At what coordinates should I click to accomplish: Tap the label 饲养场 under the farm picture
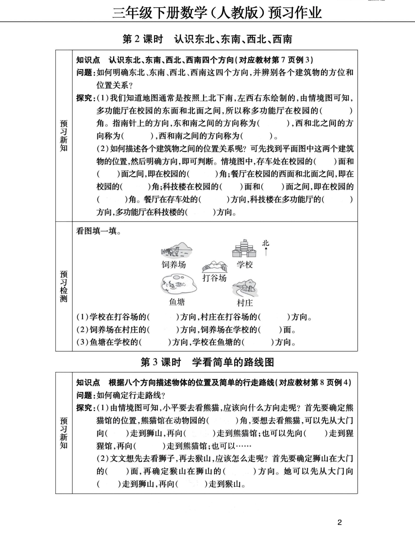pyautogui.click(x=174, y=264)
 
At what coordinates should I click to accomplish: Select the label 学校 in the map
pyautogui.click(x=245, y=264)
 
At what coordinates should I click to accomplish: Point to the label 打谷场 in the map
pyautogui.click(x=214, y=278)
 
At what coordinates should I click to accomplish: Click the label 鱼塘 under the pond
pyautogui.click(x=177, y=302)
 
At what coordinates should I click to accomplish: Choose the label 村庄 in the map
pyautogui.click(x=245, y=303)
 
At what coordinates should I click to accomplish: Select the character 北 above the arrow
pyautogui.click(x=266, y=243)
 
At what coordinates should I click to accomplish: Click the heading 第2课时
pyautogui.click(x=142, y=39)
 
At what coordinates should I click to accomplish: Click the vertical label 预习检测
pyautogui.click(x=64, y=286)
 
